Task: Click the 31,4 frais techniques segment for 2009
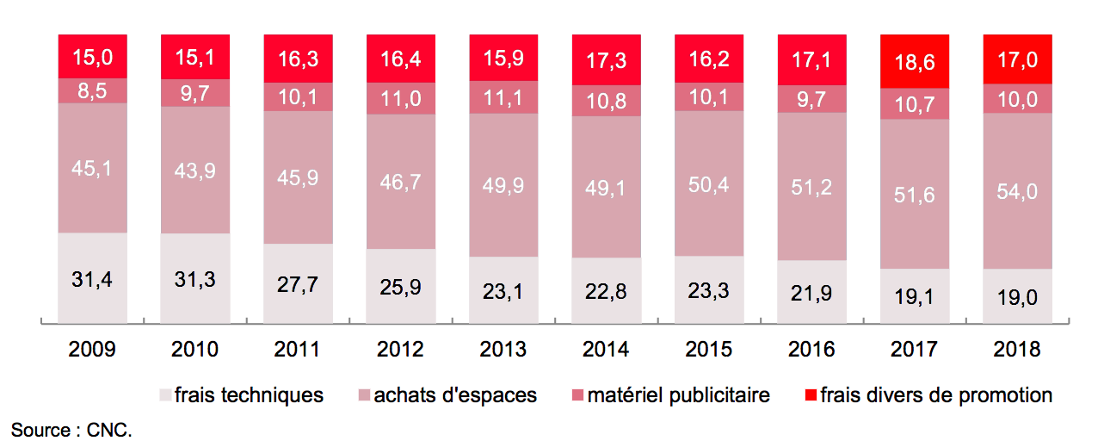[92, 277]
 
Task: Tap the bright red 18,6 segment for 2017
[914, 61]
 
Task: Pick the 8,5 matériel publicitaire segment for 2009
[92, 90]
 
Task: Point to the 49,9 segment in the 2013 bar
[503, 184]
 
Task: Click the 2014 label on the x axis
[606, 350]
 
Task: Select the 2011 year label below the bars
[298, 350]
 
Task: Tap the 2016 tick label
[811, 350]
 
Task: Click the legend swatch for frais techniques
[165, 396]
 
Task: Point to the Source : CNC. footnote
[71, 429]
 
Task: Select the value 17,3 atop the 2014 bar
[606, 60]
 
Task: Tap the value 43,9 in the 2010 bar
[195, 171]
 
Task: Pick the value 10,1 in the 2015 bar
[709, 98]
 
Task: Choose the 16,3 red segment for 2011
[298, 59]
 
